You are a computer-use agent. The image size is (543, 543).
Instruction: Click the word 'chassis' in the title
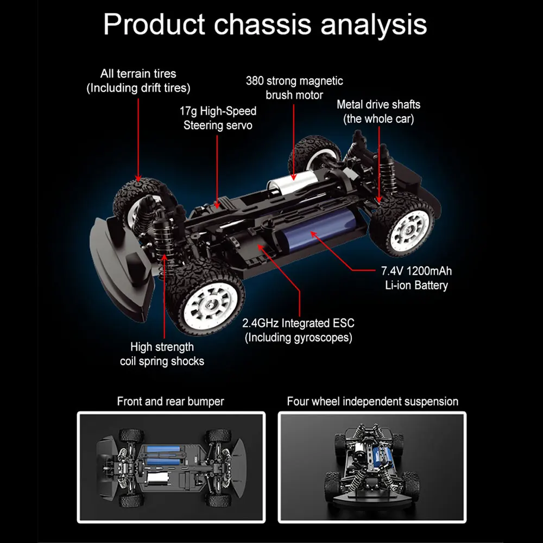pyautogui.click(x=265, y=24)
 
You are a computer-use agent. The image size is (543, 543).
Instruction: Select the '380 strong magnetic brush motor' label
pyautogui.click(x=294, y=88)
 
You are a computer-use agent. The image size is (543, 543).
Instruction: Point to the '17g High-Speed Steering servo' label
pyautogui.click(x=218, y=118)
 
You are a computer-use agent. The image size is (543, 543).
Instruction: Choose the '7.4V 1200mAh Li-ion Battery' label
pyautogui.click(x=416, y=278)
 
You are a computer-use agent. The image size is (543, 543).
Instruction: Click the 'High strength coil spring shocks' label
pyautogui.click(x=162, y=353)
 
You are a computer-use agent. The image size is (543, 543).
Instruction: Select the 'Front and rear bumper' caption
pyautogui.click(x=171, y=402)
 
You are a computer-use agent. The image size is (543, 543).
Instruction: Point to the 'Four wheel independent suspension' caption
pyautogui.click(x=372, y=402)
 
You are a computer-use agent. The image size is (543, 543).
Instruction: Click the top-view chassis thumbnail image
pyautogui.click(x=171, y=468)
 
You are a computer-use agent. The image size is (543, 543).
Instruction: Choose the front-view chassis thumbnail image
pyautogui.click(x=372, y=468)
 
